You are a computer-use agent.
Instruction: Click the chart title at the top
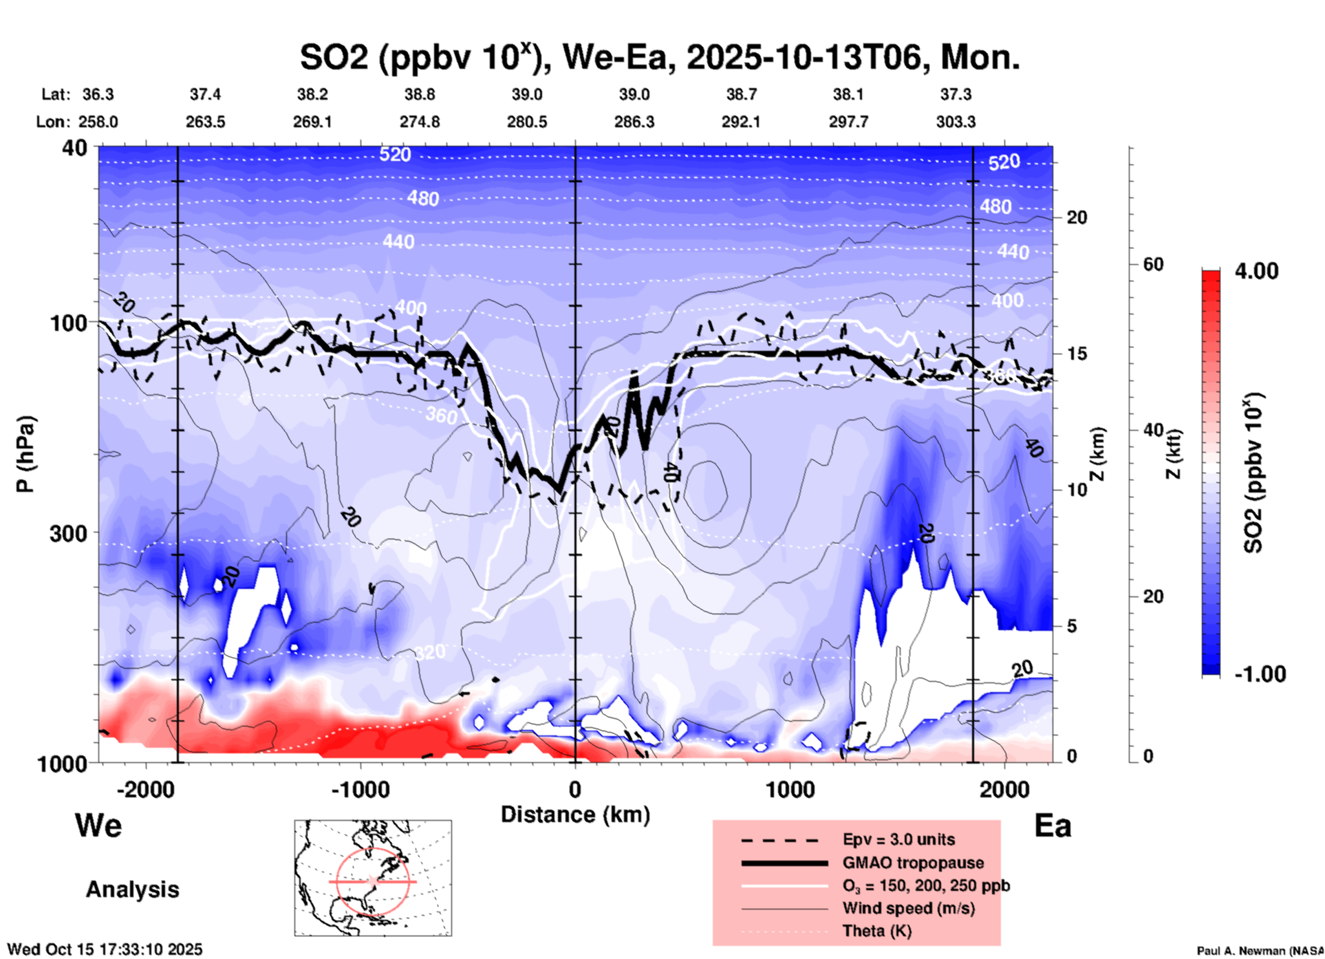tap(659, 57)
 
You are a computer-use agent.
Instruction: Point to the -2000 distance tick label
tap(145, 789)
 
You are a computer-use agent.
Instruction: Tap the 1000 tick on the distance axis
tap(789, 789)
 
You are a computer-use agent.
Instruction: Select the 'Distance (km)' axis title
tap(575, 815)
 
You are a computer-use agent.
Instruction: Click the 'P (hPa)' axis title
tap(25, 454)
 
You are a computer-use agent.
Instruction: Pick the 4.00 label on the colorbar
tap(1256, 271)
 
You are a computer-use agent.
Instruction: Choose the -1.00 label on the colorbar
tap(1260, 674)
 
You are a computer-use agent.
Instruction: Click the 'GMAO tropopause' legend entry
tap(913, 863)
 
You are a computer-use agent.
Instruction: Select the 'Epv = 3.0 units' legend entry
tap(898, 839)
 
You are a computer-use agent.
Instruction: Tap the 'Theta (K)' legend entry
tap(877, 931)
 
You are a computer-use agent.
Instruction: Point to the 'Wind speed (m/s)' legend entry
tap(908, 908)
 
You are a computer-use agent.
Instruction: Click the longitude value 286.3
tap(634, 122)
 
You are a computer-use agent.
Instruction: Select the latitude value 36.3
tap(98, 94)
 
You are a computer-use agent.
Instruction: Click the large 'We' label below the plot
tap(98, 826)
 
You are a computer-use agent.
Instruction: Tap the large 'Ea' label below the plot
tap(1053, 826)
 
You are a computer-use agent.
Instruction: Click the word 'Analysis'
tap(132, 890)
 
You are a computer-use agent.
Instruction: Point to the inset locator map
tap(373, 877)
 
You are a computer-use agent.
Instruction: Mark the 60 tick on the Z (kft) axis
tap(1153, 264)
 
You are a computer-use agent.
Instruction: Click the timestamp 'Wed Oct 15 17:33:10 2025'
tap(105, 949)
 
